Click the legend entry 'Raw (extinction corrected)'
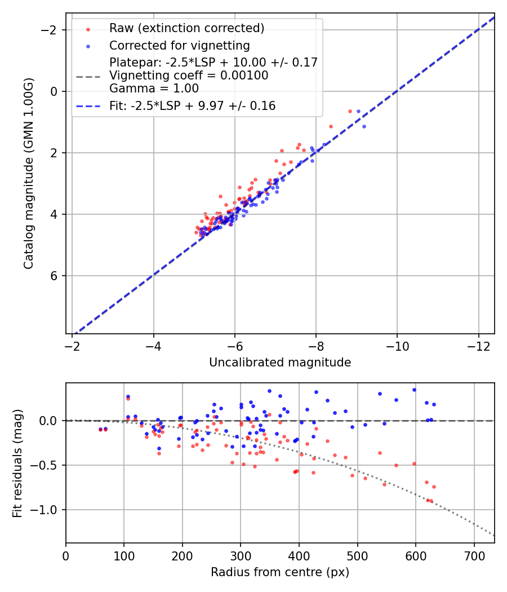[186, 28]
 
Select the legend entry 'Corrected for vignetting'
[179, 45]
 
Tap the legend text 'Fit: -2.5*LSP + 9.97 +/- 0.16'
[192, 106]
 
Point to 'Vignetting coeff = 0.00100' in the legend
[189, 76]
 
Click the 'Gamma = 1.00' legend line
[154, 89]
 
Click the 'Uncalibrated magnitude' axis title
[280, 363]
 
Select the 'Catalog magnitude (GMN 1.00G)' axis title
[29, 173]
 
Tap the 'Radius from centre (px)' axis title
[280, 572]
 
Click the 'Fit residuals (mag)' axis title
[17, 463]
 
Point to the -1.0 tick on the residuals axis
[48, 510]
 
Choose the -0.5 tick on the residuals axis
[48, 465]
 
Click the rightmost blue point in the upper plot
[364, 126]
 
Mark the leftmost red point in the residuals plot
[100, 430]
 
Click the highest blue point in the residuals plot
[414, 390]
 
